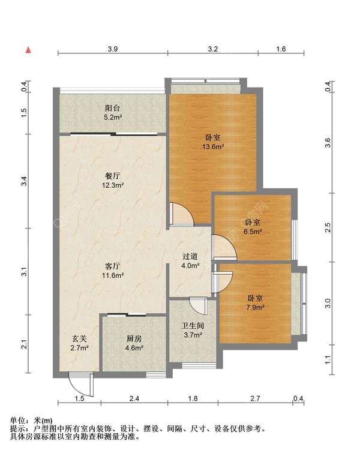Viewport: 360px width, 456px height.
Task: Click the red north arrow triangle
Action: (28, 50)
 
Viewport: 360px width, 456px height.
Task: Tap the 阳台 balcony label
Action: (113, 108)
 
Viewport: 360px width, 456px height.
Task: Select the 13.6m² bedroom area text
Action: (213, 146)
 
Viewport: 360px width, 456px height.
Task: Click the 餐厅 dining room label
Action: (113, 176)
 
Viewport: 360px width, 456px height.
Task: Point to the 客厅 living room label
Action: (113, 266)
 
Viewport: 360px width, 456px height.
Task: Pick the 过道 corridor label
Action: (190, 256)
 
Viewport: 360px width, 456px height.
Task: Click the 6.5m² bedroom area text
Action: (253, 232)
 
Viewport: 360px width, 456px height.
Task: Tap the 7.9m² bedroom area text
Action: (255, 307)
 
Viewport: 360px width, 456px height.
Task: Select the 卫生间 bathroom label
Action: (193, 326)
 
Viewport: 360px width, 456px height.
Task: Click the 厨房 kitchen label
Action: (134, 338)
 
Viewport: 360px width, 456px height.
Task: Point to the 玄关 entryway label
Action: (79, 338)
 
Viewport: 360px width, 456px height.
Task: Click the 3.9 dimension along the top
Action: (113, 49)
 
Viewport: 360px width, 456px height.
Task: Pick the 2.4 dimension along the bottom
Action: (134, 398)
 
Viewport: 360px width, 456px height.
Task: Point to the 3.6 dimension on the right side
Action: (328, 143)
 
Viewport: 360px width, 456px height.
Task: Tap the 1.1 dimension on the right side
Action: (328, 360)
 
